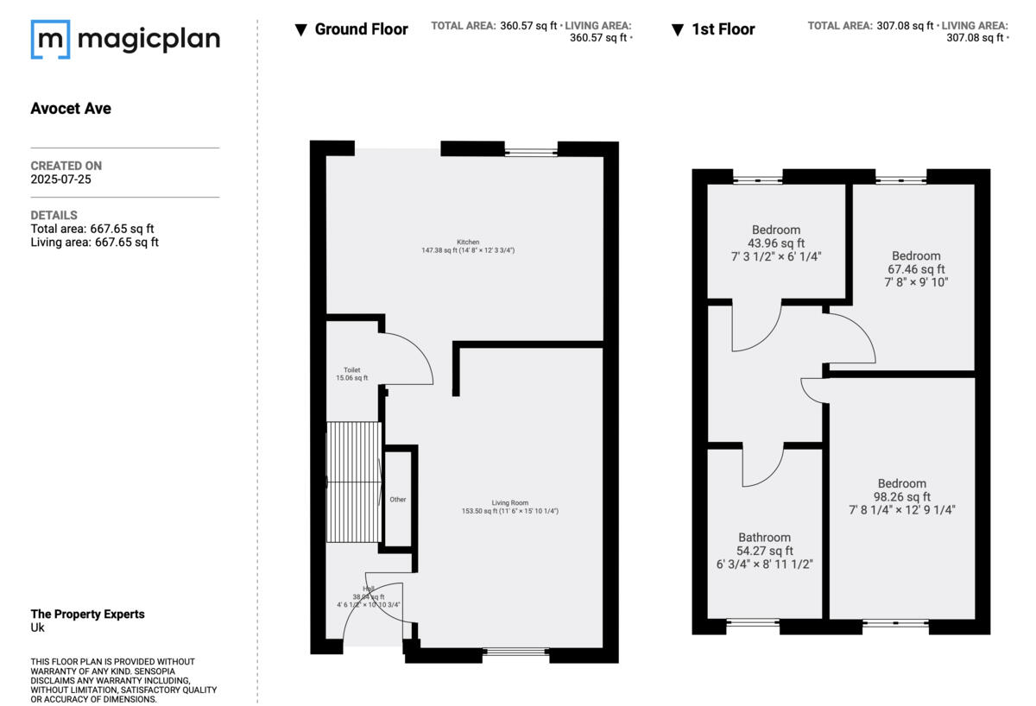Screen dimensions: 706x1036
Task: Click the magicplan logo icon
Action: pyautogui.click(x=50, y=40)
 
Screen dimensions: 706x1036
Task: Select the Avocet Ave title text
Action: pyautogui.click(x=71, y=109)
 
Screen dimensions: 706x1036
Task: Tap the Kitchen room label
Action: pyautogui.click(x=468, y=243)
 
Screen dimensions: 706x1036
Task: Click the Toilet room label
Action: pyautogui.click(x=351, y=370)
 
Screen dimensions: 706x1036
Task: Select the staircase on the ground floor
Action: pyautogui.click(x=354, y=482)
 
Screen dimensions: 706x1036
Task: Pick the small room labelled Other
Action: pyautogui.click(x=398, y=499)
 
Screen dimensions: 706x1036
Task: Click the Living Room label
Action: pyautogui.click(x=509, y=503)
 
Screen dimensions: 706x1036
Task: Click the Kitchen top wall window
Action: pyautogui.click(x=531, y=152)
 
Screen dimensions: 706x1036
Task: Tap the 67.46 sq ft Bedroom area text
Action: pyautogui.click(x=916, y=269)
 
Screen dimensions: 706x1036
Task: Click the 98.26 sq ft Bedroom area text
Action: pyautogui.click(x=902, y=497)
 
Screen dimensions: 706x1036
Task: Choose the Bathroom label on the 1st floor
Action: pyautogui.click(x=764, y=538)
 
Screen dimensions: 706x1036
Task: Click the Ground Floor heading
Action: pyautogui.click(x=361, y=29)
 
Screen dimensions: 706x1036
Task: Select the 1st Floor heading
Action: pyautogui.click(x=723, y=29)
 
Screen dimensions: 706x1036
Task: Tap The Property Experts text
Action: pyautogui.click(x=87, y=615)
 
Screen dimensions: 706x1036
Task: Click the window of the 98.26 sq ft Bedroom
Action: pyautogui.click(x=895, y=622)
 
